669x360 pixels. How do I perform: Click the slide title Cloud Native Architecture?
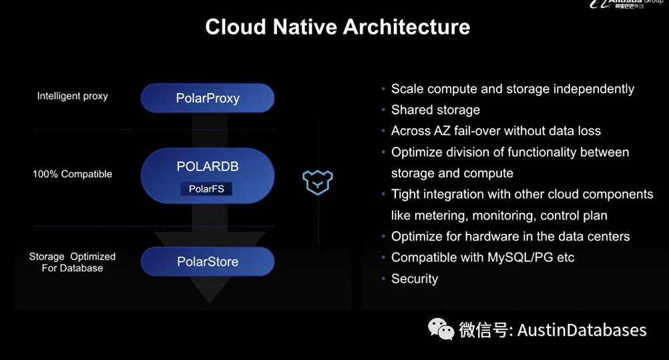(337, 27)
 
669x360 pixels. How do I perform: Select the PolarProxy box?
(208, 98)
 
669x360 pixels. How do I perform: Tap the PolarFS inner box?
(206, 189)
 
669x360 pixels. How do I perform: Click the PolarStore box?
(208, 262)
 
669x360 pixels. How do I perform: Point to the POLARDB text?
(208, 166)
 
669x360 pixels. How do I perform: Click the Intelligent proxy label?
(72, 96)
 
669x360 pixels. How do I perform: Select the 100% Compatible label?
(72, 174)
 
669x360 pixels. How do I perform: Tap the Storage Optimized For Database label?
(72, 262)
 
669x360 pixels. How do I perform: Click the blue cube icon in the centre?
(318, 182)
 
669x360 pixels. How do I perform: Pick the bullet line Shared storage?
(435, 110)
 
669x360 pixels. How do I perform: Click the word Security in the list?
(415, 279)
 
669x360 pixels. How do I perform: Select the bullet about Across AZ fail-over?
(495, 131)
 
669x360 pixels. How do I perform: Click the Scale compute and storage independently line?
(512, 89)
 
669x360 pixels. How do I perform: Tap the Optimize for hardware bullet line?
(510, 236)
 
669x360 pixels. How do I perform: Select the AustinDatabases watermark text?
(582, 330)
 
